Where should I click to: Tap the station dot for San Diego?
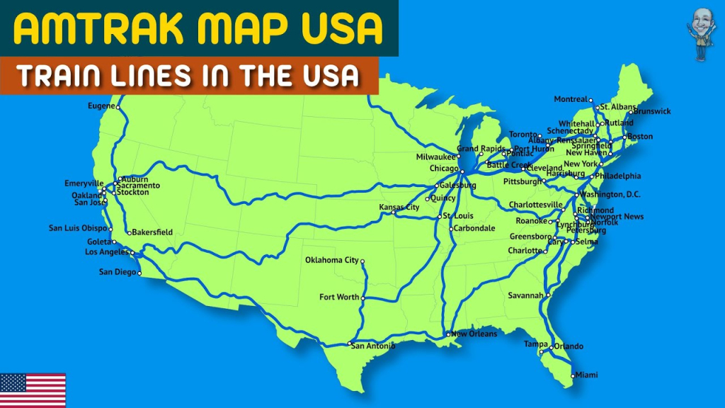(x=139, y=273)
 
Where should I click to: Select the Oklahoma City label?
(x=332, y=260)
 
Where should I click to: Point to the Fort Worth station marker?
(x=363, y=297)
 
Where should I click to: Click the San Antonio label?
(x=374, y=346)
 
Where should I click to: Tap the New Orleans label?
(x=474, y=334)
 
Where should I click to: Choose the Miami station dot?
(x=572, y=375)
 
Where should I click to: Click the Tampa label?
(x=535, y=344)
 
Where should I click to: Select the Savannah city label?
(x=525, y=295)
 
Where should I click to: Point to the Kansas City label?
(x=399, y=208)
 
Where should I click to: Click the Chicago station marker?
(x=462, y=171)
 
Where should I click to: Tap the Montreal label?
(x=571, y=99)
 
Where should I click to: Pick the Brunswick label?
(x=652, y=111)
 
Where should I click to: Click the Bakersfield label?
(x=153, y=232)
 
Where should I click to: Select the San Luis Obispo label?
(x=78, y=228)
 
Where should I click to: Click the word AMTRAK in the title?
(x=84, y=28)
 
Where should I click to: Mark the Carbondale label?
(x=474, y=229)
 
